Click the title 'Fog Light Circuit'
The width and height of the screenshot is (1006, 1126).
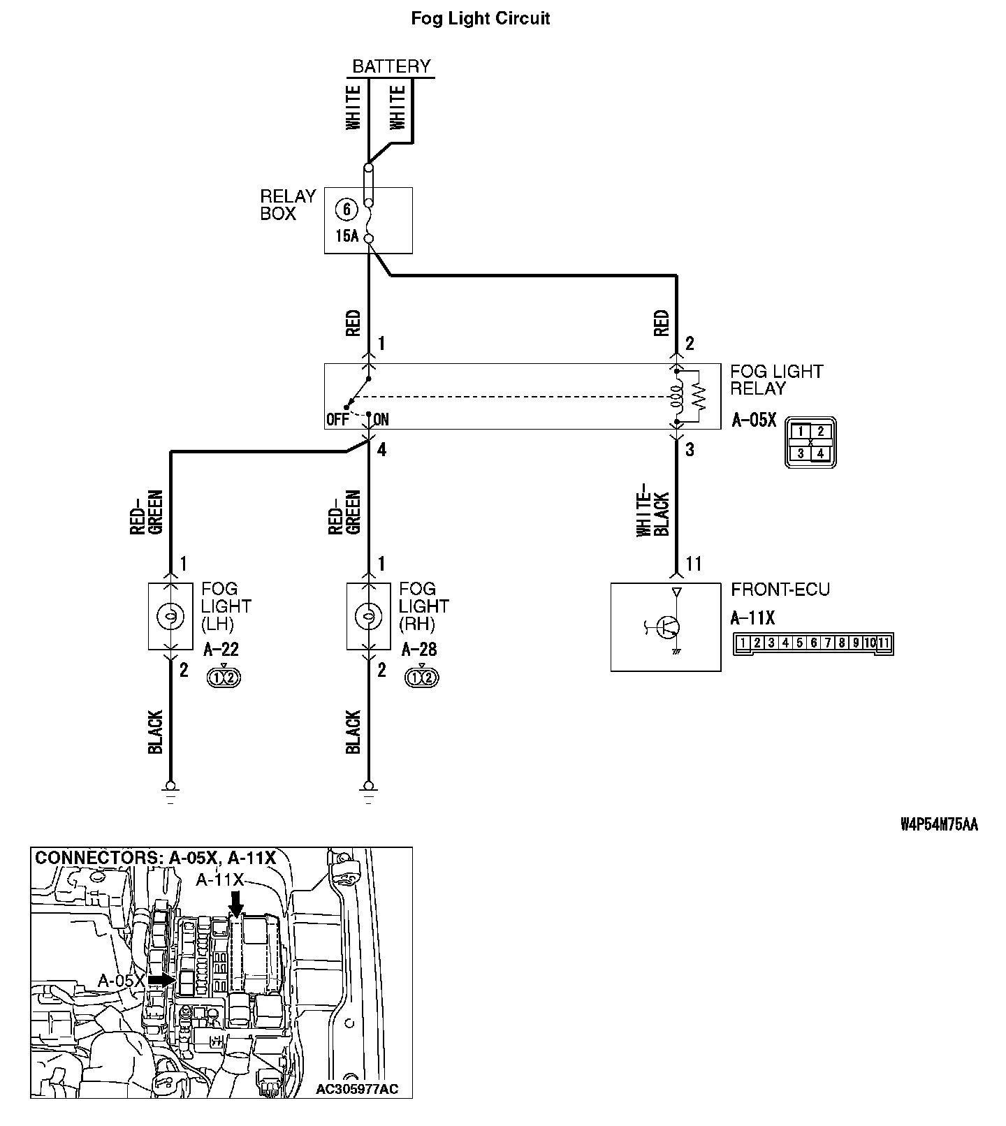tap(480, 19)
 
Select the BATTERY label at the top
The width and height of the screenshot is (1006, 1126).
tap(391, 66)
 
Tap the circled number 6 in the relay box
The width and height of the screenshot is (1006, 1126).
tap(346, 209)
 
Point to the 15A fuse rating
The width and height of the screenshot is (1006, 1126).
tap(346, 236)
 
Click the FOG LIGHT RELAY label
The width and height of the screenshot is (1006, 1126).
tap(776, 380)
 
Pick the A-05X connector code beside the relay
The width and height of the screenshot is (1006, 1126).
tap(754, 421)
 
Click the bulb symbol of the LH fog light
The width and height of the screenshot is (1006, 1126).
tap(170, 615)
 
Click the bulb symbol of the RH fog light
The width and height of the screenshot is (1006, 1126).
tap(368, 615)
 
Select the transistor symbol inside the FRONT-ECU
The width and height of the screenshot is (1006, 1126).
tap(667, 627)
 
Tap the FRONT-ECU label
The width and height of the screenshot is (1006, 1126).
tap(780, 590)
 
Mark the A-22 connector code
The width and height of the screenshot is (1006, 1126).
tap(221, 650)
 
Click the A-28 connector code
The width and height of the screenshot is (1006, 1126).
tap(419, 650)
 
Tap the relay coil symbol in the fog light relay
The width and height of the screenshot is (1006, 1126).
tap(677, 397)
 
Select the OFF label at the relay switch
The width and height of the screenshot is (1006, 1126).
tap(337, 420)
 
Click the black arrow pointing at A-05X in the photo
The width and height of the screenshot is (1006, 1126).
tap(162, 981)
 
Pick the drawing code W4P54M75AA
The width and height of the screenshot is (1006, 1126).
tap(938, 825)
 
